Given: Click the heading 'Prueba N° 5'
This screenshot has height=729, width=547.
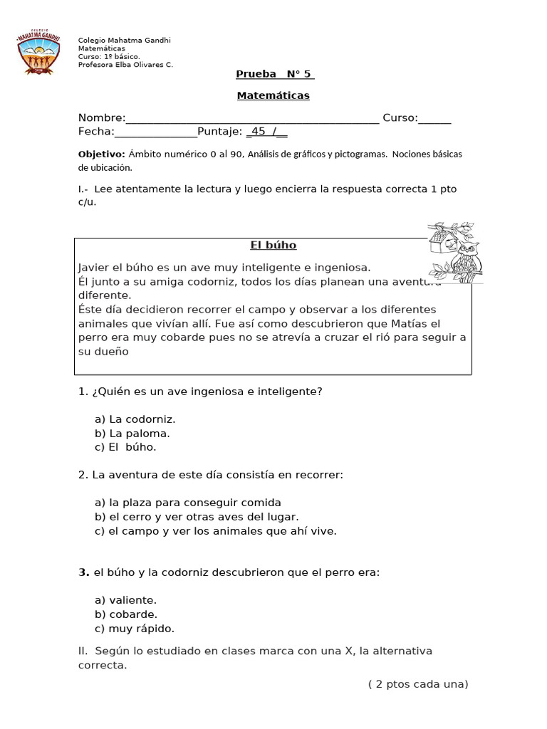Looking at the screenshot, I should click(x=275, y=75).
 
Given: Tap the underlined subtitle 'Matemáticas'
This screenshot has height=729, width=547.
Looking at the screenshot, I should click(x=273, y=95).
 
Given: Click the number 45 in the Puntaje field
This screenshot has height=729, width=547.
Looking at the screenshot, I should click(x=259, y=132).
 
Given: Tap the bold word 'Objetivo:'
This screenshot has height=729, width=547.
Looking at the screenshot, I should click(x=101, y=154).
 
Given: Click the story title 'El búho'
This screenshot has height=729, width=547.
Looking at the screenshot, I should click(x=273, y=246).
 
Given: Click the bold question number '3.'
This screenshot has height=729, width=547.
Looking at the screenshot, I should click(x=83, y=572).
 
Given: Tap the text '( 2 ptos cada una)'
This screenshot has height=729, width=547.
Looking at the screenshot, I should click(x=418, y=684).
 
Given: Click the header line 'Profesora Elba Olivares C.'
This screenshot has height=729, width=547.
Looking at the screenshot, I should click(x=125, y=65).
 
